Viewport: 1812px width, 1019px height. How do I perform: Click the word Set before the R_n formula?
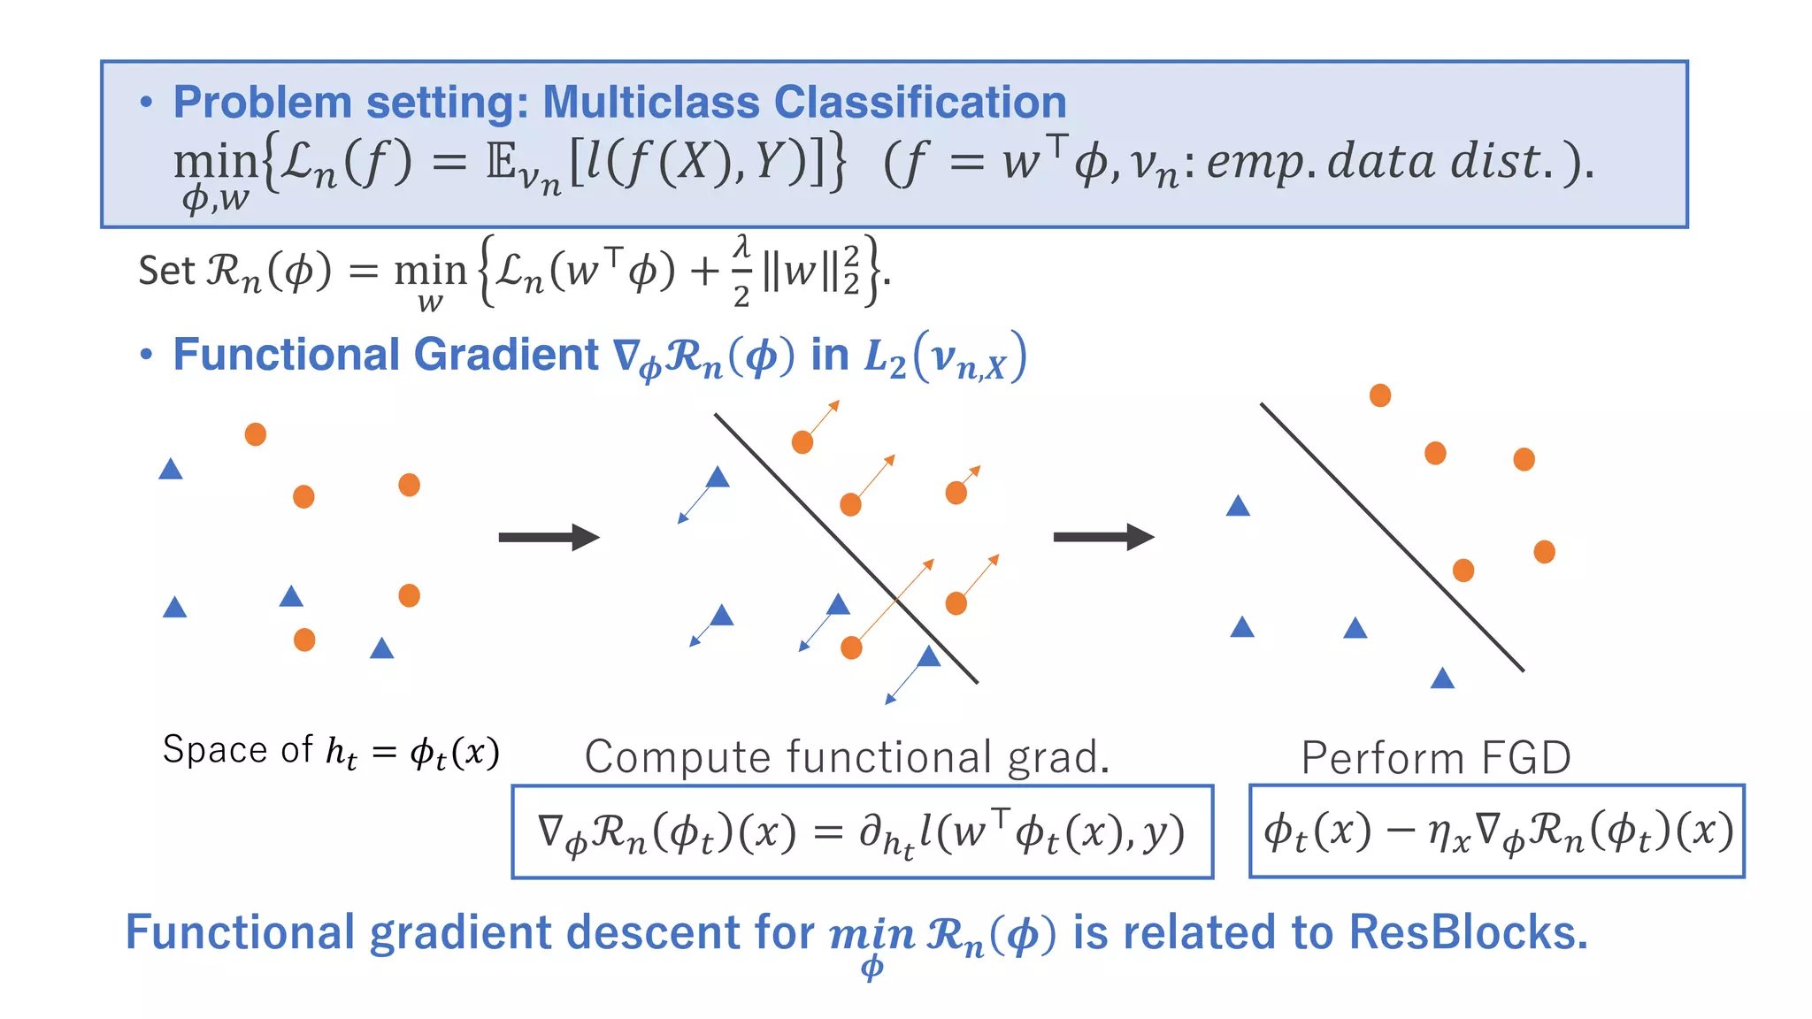click(x=165, y=271)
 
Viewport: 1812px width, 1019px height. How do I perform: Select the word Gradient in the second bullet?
click(x=505, y=355)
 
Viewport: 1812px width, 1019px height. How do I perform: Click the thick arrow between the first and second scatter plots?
click(x=549, y=537)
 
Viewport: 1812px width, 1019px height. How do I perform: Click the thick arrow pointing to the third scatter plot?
click(x=1103, y=537)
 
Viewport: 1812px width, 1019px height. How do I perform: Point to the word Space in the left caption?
click(x=215, y=750)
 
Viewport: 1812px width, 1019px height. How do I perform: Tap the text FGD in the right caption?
click(x=1525, y=759)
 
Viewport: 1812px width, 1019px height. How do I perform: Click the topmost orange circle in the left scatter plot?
click(x=256, y=434)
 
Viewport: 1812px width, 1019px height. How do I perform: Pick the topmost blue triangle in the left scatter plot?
click(x=171, y=469)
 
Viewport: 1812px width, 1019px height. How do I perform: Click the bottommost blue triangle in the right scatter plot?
click(x=1442, y=678)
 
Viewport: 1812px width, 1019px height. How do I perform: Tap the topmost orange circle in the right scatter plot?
click(x=1380, y=395)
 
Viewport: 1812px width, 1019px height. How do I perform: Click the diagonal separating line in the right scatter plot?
click(x=1392, y=537)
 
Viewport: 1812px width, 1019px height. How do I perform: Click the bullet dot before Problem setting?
click(x=147, y=103)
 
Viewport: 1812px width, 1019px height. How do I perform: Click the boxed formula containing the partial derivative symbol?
click(x=862, y=831)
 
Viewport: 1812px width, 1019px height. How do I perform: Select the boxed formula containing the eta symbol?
click(x=1496, y=831)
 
